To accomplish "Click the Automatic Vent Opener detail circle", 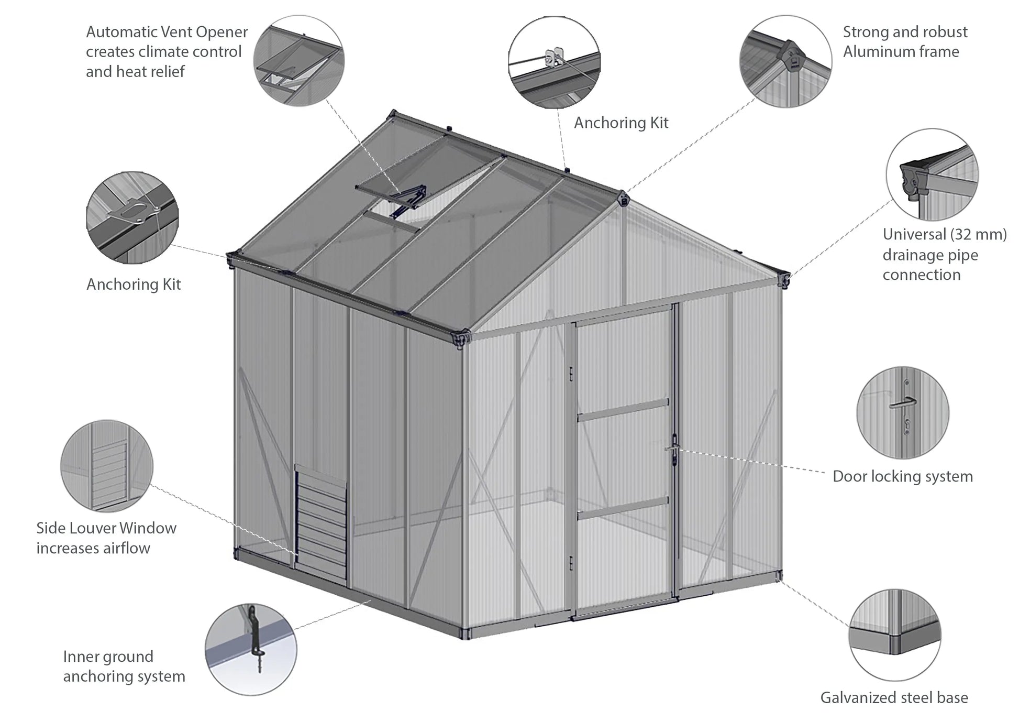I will tap(298, 61).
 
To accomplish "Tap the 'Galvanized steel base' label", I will tap(894, 697).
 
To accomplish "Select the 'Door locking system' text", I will tap(902, 476).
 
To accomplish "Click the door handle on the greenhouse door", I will tap(673, 449).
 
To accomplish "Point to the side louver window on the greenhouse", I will tap(321, 524).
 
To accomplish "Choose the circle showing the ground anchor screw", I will tap(250, 649).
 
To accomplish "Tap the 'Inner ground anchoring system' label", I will tap(124, 666).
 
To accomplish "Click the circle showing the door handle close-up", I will tap(902, 412).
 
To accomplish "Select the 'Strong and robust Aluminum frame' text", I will tap(905, 42).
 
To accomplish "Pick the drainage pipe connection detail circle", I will tap(932, 174).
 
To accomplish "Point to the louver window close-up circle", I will tap(107, 466).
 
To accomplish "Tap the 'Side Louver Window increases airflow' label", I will tap(106, 538).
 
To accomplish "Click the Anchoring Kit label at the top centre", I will tap(621, 123).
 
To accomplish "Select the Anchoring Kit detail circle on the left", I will tap(132, 217).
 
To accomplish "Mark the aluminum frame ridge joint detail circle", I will tap(785, 61).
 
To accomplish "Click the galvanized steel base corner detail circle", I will tap(894, 635).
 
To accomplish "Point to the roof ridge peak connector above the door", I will tap(624, 199).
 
